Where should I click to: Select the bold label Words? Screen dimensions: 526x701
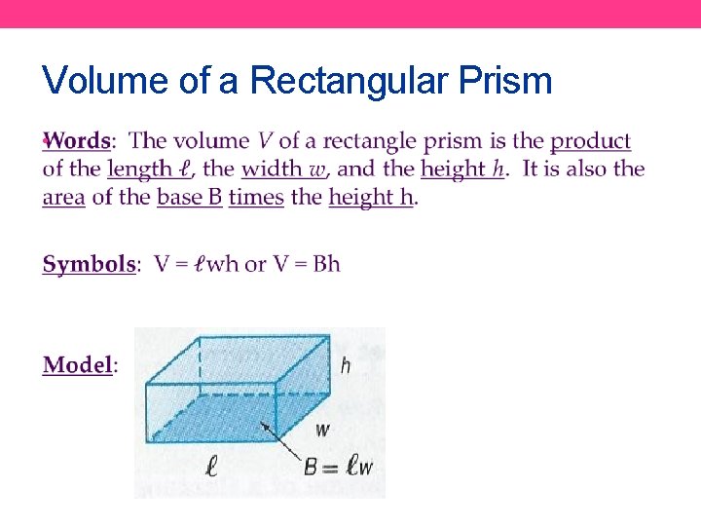pyautogui.click(x=78, y=141)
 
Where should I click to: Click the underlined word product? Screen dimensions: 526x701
pyautogui.click(x=591, y=142)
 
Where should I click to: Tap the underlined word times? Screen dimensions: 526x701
pyautogui.click(x=256, y=198)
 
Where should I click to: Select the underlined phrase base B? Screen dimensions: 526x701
pyautogui.click(x=189, y=198)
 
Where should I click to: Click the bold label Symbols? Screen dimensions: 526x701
pyautogui.click(x=89, y=264)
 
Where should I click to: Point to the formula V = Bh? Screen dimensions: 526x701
pyautogui.click(x=306, y=264)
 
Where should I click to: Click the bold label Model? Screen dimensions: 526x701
pyautogui.click(x=78, y=365)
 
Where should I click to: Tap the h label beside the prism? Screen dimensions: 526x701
pyautogui.click(x=345, y=366)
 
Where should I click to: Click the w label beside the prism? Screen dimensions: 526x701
pyautogui.click(x=322, y=430)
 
